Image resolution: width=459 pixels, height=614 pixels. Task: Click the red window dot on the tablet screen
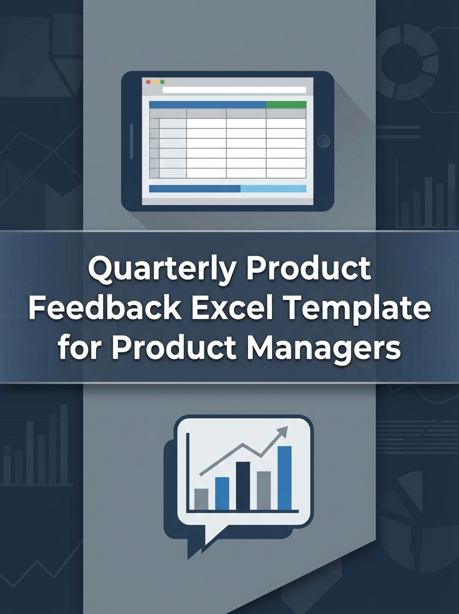click(148, 82)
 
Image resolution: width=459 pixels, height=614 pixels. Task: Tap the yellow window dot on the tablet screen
click(155, 82)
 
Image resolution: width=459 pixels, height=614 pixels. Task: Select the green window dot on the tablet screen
click(162, 82)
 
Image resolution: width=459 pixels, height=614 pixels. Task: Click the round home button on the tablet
click(323, 141)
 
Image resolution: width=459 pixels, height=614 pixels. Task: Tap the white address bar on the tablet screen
click(234, 90)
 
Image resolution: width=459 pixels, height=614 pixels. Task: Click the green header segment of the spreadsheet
click(286, 104)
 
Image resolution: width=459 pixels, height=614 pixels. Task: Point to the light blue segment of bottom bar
click(273, 189)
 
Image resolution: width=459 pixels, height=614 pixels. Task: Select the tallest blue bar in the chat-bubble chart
click(284, 477)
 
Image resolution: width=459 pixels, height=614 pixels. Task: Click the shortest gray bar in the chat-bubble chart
click(201, 499)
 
